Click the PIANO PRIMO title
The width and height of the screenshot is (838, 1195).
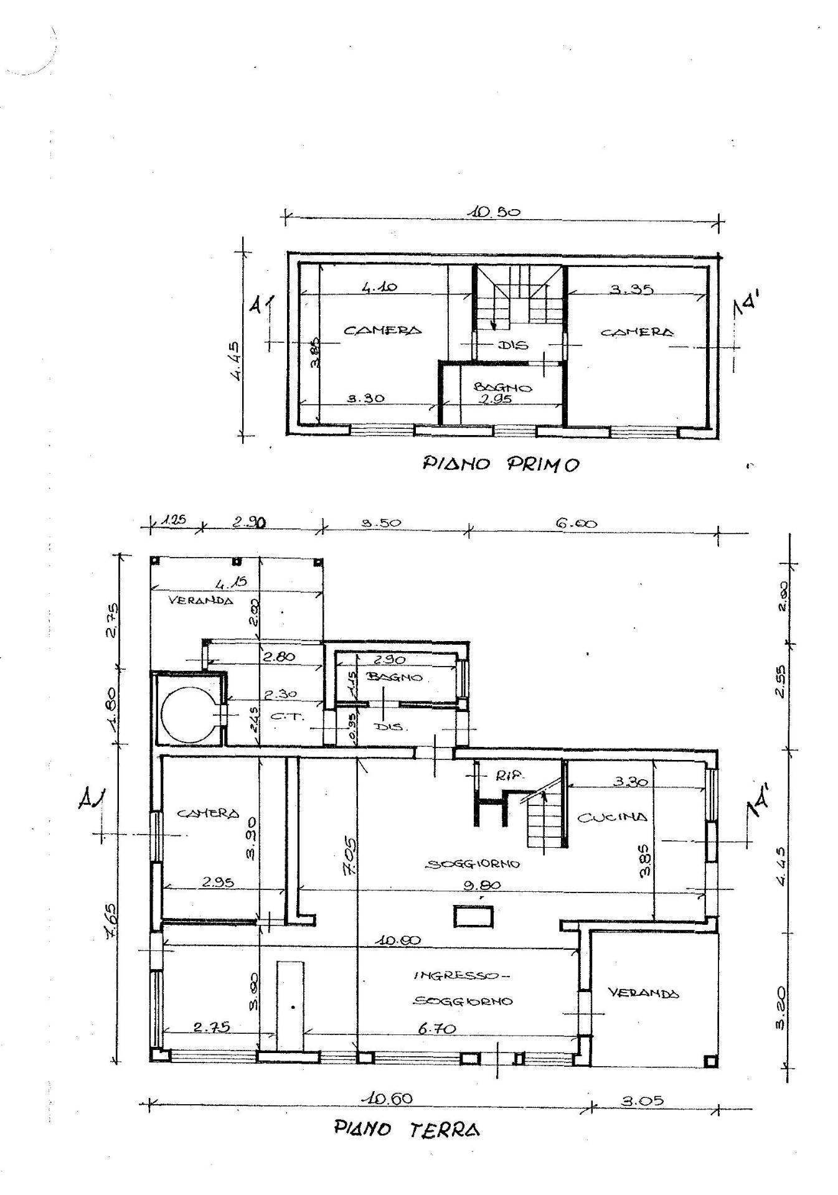[501, 464]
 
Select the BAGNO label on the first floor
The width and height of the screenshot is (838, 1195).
[503, 387]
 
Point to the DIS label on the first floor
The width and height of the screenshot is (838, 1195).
[513, 344]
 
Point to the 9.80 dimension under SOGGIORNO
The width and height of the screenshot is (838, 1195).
[486, 885]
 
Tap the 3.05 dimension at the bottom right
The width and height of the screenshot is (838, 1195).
[643, 1100]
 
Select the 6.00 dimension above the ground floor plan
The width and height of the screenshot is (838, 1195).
[576, 523]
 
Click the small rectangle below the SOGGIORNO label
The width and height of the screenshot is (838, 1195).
[473, 916]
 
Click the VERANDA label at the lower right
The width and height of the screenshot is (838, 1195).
[643, 994]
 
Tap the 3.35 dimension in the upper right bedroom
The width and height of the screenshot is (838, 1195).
[631, 289]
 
